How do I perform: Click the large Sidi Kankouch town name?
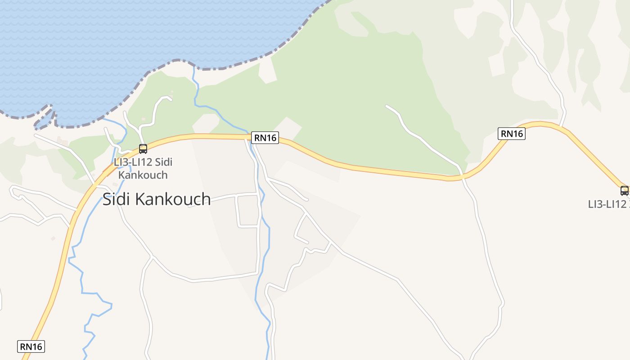coord(157,199)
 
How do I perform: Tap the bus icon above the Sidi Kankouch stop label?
coord(143,148)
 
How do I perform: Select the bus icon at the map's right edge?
coord(624,190)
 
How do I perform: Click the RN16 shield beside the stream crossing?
coord(265,138)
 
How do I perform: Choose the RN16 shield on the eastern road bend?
coord(512,134)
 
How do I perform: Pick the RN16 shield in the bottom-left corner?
coord(31,346)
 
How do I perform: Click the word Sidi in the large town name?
coord(117,199)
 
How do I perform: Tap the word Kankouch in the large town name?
coord(173,199)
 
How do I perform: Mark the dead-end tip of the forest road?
coord(387,106)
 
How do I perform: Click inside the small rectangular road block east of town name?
coord(247,211)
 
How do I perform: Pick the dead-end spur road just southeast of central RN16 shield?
coord(306,199)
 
